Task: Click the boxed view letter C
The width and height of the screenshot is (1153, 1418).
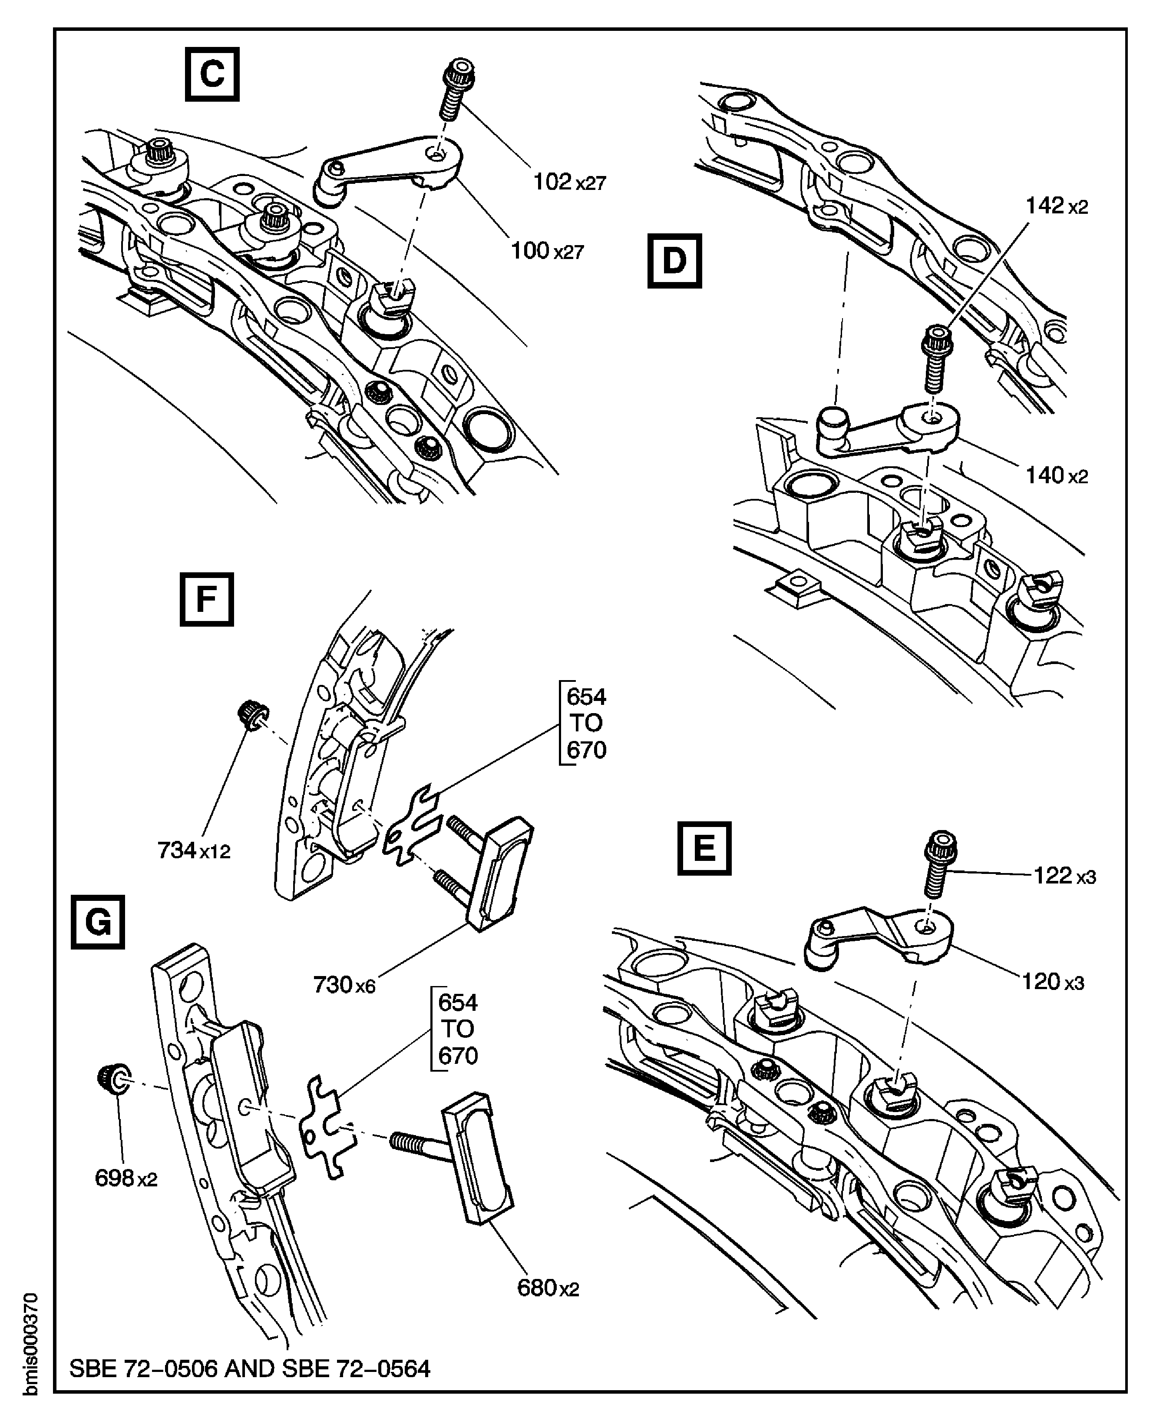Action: pos(212,74)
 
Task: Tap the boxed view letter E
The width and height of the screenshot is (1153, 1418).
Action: pos(704,849)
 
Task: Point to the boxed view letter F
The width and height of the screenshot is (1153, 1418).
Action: pos(207,599)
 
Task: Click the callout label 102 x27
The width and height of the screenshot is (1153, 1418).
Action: pos(569,181)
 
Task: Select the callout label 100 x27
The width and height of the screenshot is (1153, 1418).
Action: pos(547,251)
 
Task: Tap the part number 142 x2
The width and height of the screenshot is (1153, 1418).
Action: pos(1057,206)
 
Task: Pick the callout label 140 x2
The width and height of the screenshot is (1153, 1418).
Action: pos(1057,476)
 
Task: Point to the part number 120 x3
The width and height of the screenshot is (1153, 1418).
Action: pos(1053,982)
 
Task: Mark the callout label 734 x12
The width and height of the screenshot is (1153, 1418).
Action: pos(193,850)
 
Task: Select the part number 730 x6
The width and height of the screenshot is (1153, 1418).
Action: pos(344,985)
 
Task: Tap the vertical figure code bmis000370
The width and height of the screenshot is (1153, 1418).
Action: pos(30,1343)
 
